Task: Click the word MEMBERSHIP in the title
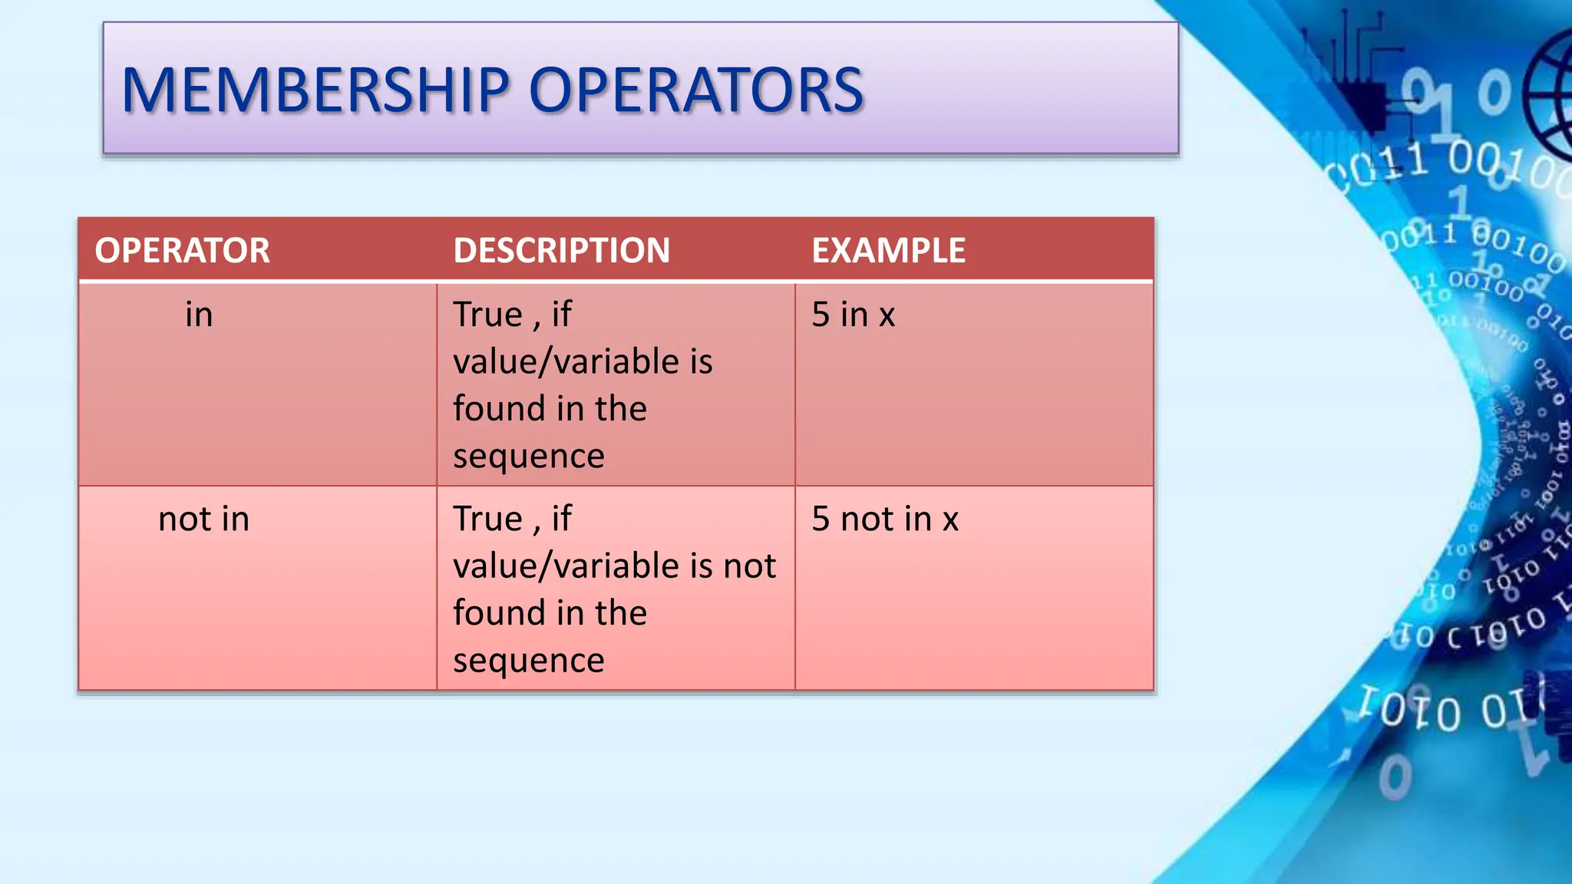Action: tap(315, 91)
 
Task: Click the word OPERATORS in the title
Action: tap(695, 91)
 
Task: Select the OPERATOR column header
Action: tap(182, 251)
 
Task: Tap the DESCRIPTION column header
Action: tap(561, 251)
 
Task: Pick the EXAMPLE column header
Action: tap(888, 251)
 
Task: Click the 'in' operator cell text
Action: tap(199, 315)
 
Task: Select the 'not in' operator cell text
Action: tap(203, 520)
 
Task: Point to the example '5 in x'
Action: tap(853, 315)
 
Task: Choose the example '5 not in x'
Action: tap(885, 520)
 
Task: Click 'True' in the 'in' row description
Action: tap(487, 315)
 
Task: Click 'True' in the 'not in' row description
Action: tap(487, 520)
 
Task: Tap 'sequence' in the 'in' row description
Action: tap(528, 457)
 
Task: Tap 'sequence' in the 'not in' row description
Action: tap(528, 661)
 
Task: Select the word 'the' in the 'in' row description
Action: tap(621, 409)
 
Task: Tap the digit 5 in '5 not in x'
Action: tap(821, 520)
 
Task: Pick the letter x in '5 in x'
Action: tap(887, 315)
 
